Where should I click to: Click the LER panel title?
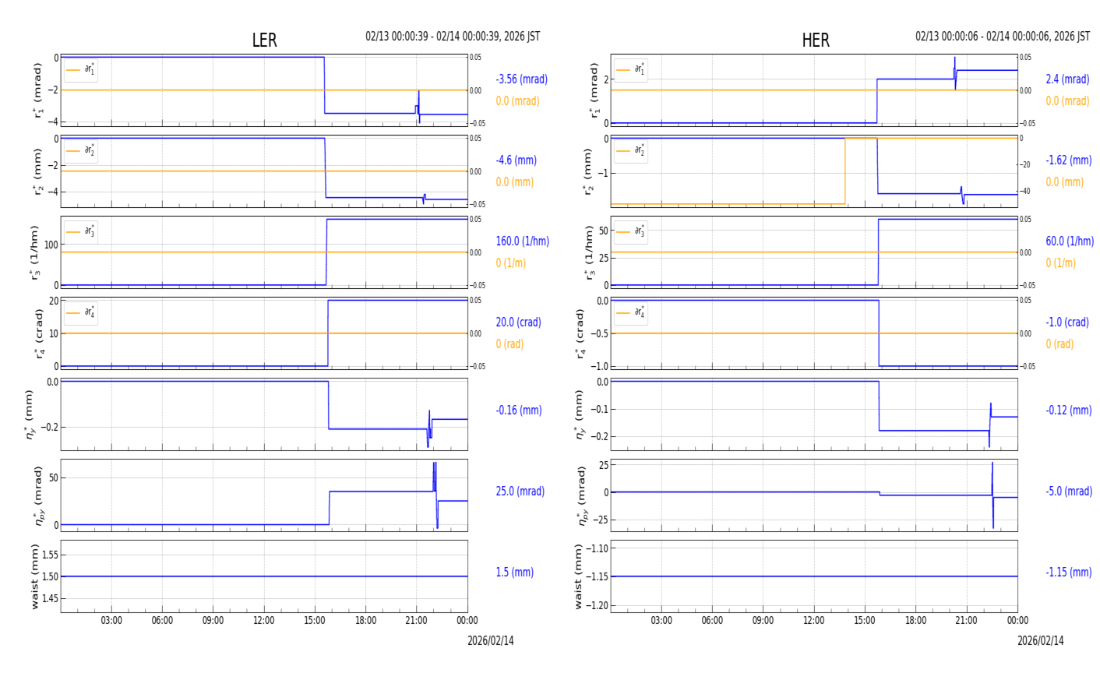[264, 41]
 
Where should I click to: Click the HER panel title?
[815, 41]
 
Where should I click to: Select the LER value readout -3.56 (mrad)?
[521, 79]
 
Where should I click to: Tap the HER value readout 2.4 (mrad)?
[1067, 79]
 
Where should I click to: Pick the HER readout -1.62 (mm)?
[1068, 160]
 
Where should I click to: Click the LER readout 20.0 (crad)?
[518, 322]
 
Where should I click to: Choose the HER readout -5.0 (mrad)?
[1069, 492]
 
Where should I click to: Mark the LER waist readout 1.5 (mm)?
[514, 573]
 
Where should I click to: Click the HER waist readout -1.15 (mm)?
[1068, 573]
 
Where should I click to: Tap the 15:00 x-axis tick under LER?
[315, 621]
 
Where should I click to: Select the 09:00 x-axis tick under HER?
[763, 621]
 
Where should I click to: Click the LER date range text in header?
[453, 37]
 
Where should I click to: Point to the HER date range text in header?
[1002, 37]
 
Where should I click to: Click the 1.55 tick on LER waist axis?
[49, 555]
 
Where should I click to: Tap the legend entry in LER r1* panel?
[81, 70]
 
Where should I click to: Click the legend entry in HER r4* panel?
[631, 313]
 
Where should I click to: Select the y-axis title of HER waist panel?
[579, 576]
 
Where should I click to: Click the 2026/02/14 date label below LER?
[490, 641]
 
